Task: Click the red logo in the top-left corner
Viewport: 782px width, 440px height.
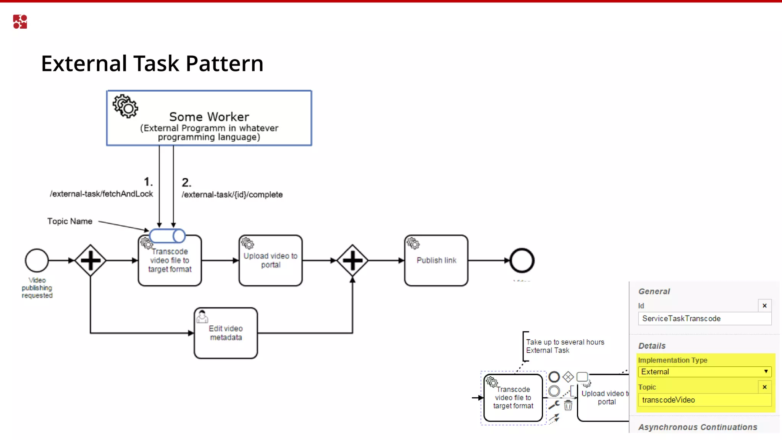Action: [20, 22]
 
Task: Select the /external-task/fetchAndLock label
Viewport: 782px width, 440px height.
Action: [101, 194]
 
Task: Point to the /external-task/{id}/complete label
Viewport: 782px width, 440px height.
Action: [232, 194]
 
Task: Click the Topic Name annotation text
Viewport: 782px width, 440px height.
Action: [69, 221]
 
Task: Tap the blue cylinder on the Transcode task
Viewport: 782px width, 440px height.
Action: [167, 236]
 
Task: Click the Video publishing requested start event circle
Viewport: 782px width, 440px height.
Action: [37, 260]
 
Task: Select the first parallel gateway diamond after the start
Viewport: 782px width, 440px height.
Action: [90, 260]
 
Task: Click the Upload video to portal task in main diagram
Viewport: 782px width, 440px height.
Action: [270, 260]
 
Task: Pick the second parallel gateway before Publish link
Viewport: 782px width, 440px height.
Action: [352, 260]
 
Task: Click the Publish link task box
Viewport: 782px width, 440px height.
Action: [436, 260]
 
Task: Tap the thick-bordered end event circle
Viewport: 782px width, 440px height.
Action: [522, 260]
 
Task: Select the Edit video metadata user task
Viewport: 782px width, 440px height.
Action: [226, 333]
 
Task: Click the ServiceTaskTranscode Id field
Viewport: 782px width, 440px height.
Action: [704, 319]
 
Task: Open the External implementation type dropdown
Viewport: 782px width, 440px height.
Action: [704, 372]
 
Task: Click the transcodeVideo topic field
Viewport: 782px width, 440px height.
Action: [704, 400]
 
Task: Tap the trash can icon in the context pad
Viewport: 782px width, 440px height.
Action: [568, 405]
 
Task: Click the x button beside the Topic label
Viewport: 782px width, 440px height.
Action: [764, 387]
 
